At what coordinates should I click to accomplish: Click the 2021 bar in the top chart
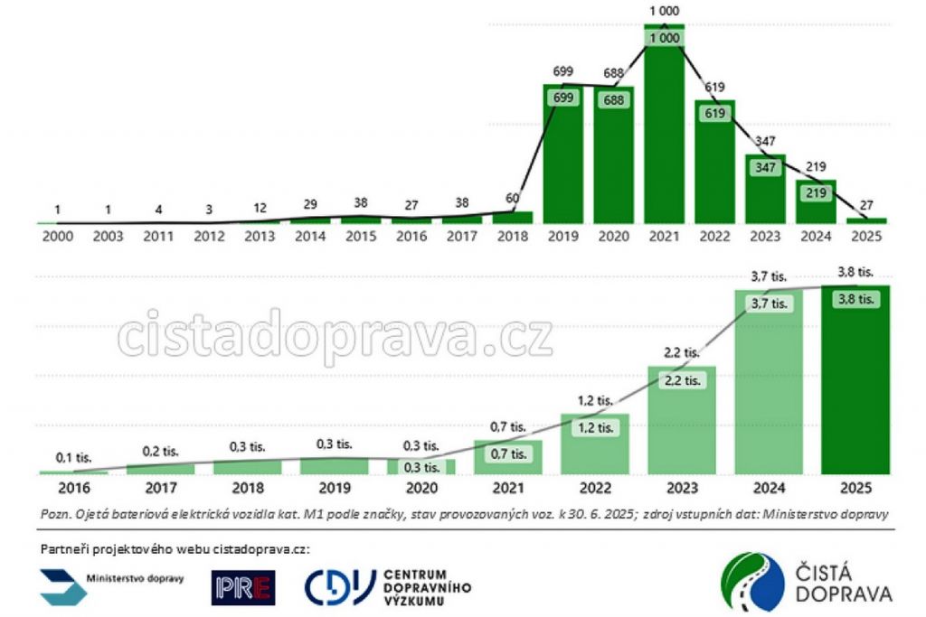(x=664, y=126)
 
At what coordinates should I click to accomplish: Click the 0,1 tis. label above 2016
(x=72, y=457)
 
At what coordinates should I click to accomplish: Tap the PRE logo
(x=243, y=587)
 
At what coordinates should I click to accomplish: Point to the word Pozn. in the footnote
(x=56, y=513)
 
